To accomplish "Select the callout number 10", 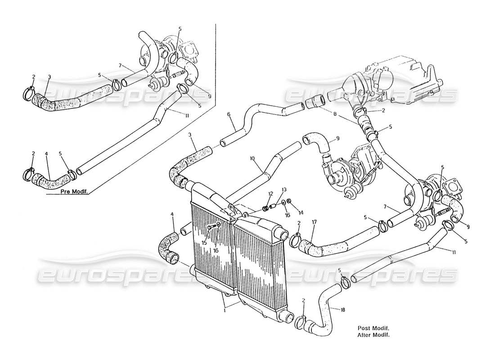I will click(252, 158).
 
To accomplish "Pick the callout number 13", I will click(283, 189).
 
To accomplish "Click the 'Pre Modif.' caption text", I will click(74, 192).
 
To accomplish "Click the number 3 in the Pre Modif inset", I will click(49, 77).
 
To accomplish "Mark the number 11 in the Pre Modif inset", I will click(173, 116).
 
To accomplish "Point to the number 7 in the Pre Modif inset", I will click(120, 66).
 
